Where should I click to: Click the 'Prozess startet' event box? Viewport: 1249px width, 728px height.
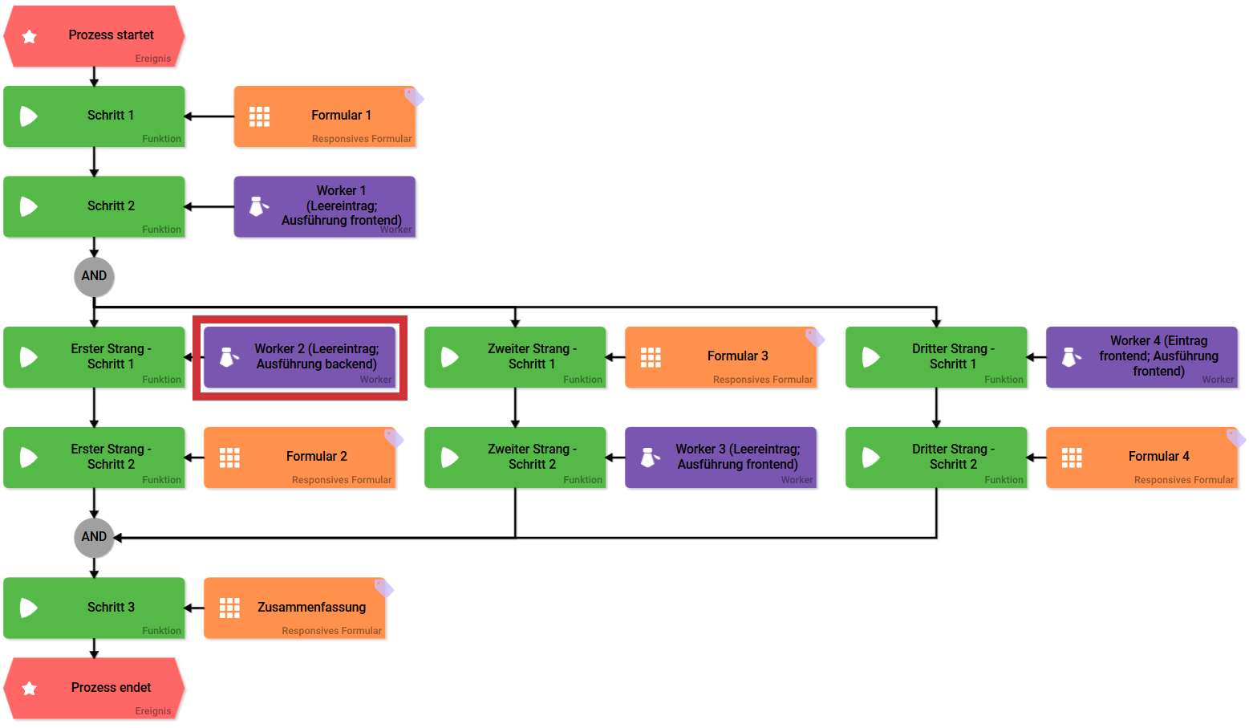95,36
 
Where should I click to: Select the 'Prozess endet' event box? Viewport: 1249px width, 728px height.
95,688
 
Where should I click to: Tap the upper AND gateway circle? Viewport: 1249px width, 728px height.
94,276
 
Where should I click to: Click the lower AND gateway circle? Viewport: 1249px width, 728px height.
94,537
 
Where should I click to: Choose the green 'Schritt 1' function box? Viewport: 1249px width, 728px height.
95,116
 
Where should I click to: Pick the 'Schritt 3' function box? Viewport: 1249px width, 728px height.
95,608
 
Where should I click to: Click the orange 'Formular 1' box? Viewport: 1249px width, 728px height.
325,116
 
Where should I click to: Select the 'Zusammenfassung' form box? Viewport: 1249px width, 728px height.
295,608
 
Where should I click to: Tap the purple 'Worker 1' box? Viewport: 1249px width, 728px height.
325,206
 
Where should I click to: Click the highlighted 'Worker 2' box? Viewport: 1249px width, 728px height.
299,357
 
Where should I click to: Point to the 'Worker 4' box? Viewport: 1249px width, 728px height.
1142,357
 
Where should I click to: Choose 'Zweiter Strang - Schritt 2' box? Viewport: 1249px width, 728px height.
515,458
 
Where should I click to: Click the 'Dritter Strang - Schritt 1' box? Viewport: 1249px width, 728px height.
936,357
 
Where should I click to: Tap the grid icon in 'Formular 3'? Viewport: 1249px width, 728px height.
651,357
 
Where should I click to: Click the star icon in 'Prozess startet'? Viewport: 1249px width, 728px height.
30,37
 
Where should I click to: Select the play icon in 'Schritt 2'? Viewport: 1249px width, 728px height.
29,206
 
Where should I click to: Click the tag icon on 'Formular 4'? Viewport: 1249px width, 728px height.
1235,437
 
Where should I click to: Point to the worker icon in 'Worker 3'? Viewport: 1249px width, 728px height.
650,458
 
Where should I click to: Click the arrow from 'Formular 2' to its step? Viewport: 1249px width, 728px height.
194,458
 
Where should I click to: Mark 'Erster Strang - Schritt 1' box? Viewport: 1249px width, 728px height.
95,357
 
